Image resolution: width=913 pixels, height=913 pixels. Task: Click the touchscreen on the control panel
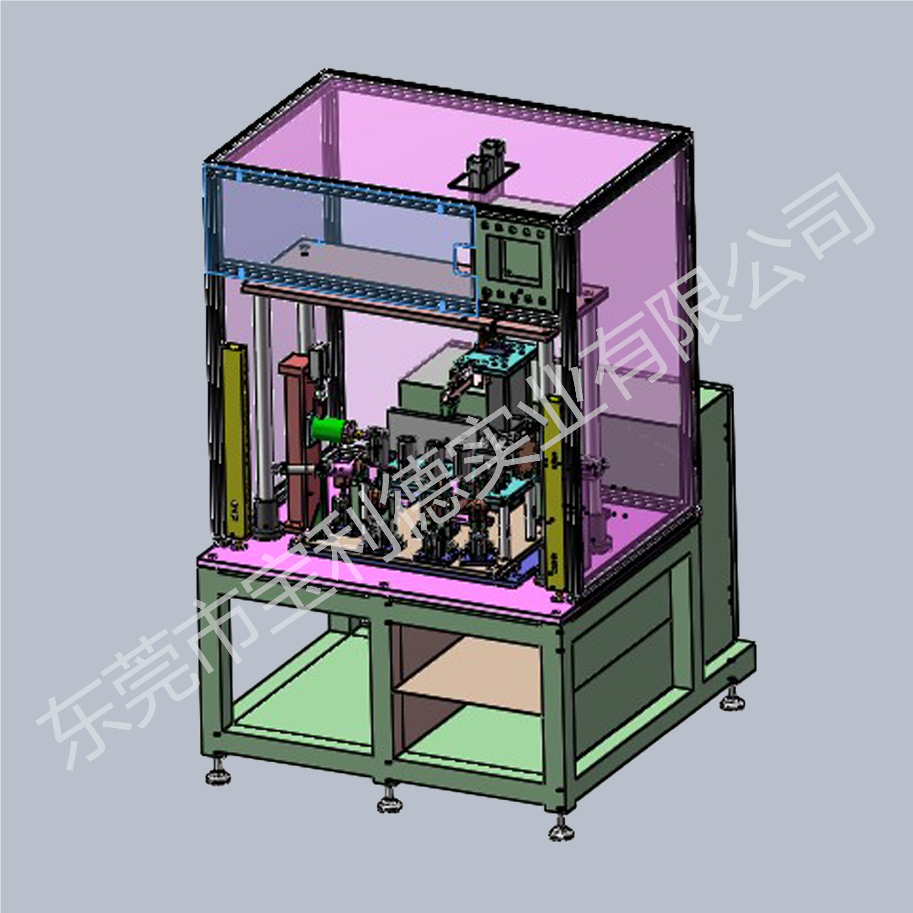[x=515, y=262]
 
